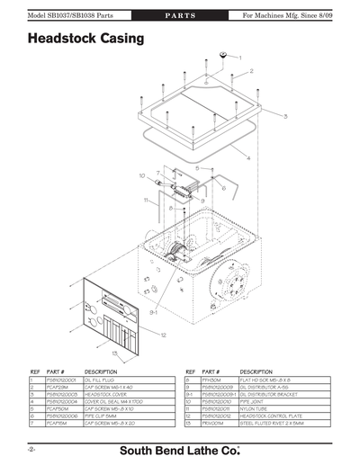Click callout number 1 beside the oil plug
tap(239, 57)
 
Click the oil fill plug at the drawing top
tap(220, 56)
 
